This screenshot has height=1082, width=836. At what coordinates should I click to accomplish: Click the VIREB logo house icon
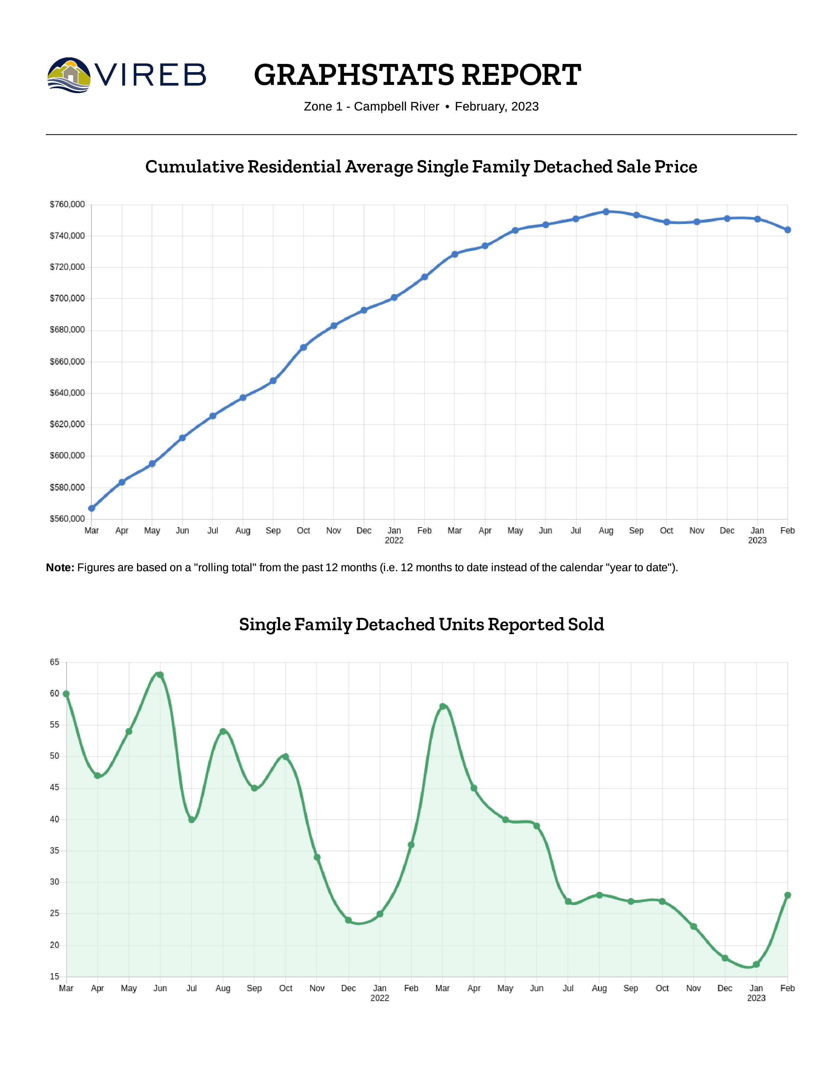coord(69,75)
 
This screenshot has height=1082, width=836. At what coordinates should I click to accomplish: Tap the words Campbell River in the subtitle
coord(396,107)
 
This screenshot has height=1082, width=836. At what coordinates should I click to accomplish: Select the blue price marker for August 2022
coord(606,211)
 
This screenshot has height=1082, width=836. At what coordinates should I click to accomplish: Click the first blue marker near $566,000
coord(91,508)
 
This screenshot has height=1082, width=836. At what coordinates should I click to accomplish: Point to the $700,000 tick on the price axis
coord(67,298)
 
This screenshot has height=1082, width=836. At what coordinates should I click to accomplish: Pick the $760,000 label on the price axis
coord(67,204)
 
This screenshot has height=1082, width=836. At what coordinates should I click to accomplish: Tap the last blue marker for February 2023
coord(787,230)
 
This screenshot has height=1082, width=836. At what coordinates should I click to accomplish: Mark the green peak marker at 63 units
coord(160,675)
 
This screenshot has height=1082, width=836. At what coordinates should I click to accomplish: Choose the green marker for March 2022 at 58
coord(443,707)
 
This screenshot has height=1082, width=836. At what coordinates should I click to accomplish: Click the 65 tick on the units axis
coord(54,662)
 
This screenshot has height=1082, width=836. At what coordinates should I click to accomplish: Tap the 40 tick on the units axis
coord(54,819)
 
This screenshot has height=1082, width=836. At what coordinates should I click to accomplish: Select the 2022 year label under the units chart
coord(380,998)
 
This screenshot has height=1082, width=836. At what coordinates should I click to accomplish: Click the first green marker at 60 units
coord(66,693)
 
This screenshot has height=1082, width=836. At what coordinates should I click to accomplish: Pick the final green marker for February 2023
coord(787,895)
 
